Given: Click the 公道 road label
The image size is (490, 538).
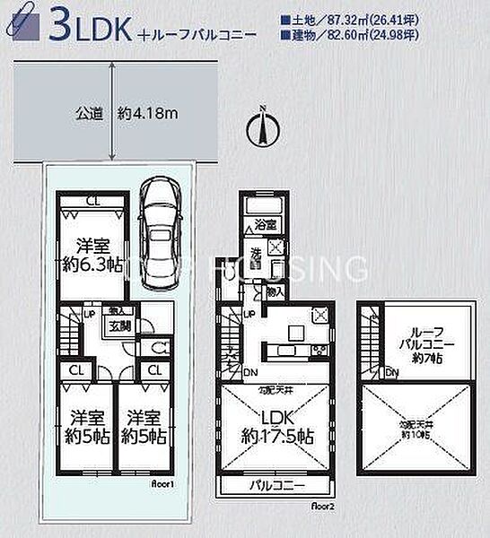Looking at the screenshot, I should (86, 114).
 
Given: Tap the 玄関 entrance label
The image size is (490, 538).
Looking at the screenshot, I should (120, 326).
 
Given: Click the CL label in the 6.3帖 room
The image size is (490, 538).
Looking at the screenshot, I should (92, 201).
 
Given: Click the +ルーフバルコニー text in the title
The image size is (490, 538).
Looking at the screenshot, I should (198, 37).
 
